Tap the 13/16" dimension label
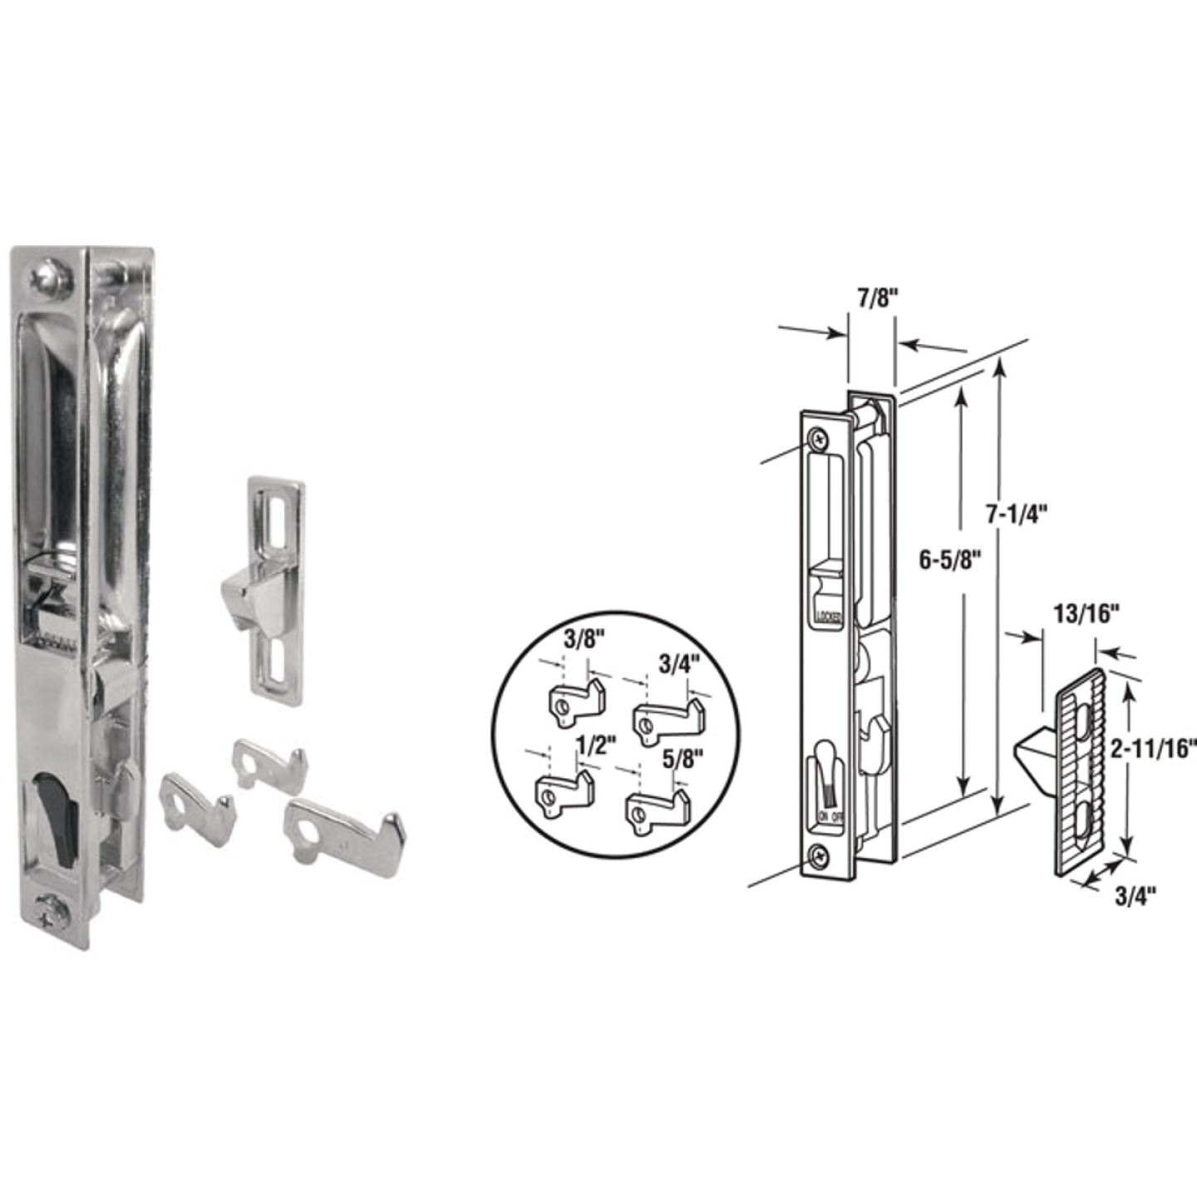click(x=1086, y=614)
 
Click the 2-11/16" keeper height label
click(x=1154, y=750)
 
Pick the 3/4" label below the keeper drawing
click(x=1135, y=895)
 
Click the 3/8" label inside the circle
click(x=584, y=639)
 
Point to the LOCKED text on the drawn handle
click(x=829, y=617)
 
